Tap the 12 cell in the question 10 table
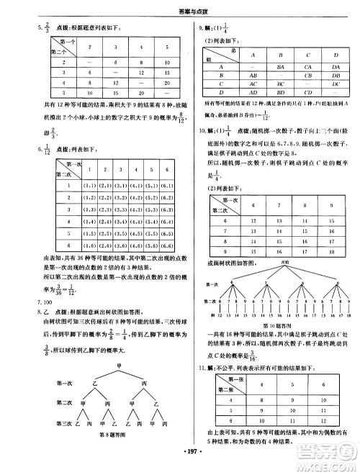pyautogui.click(x=253, y=218)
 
